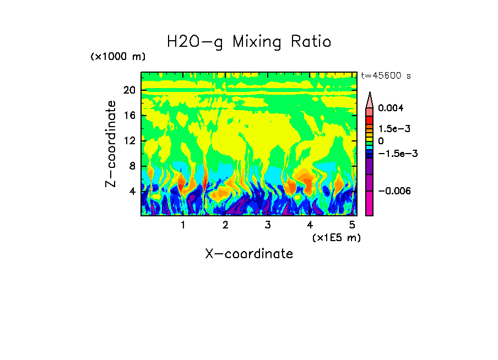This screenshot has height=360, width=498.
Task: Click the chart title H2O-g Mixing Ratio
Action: click(249, 42)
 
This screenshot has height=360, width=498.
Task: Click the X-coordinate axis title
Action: click(249, 254)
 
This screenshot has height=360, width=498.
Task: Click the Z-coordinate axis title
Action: click(111, 144)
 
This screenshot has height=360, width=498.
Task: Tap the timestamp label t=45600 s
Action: click(386, 76)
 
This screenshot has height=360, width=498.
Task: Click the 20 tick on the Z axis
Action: click(129, 91)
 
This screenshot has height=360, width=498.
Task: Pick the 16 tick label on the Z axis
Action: click(129, 116)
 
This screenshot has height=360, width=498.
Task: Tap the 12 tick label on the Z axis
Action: click(129, 141)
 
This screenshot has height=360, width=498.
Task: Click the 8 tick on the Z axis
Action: click(132, 166)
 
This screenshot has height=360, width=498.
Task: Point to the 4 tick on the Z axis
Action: click(132, 192)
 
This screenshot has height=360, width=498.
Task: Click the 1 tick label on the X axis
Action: click(183, 225)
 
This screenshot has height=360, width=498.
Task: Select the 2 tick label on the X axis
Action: click(225, 225)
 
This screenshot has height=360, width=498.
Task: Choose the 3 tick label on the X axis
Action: click(268, 225)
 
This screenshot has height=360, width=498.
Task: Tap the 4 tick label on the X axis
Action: click(310, 225)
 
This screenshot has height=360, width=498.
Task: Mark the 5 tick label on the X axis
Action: click(352, 225)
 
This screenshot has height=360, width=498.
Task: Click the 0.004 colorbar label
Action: click(391, 108)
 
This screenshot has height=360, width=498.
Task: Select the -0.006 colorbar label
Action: click(394, 191)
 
